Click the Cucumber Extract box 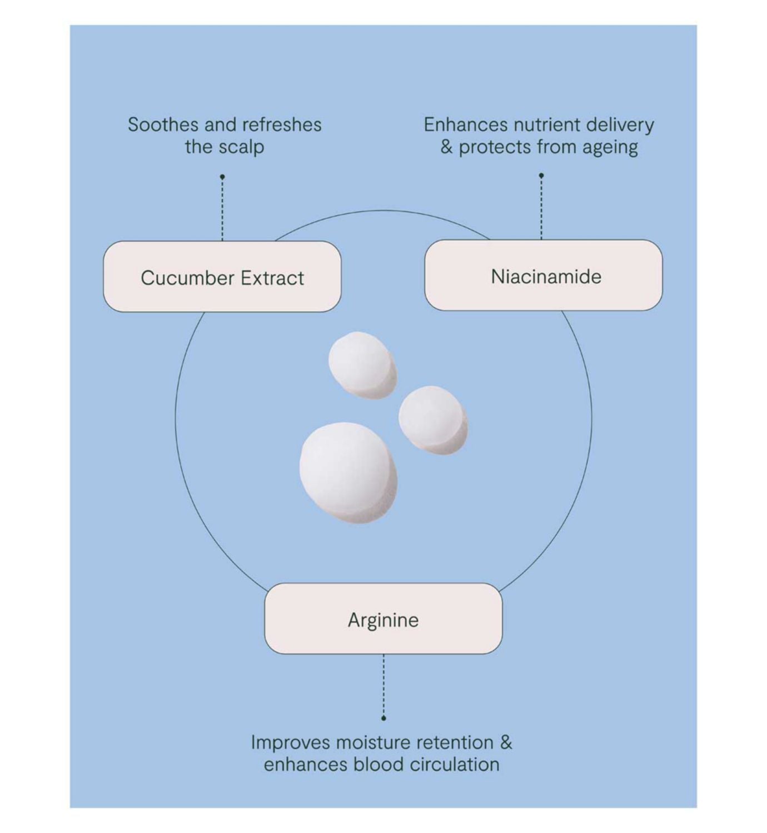(x=222, y=277)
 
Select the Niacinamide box (x=544, y=275)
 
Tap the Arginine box (x=384, y=619)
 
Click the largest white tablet (x=348, y=473)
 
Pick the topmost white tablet (x=362, y=365)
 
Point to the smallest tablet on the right (x=433, y=420)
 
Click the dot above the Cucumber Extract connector (x=222, y=177)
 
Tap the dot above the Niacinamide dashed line (x=541, y=175)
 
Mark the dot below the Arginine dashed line (x=384, y=718)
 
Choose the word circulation (x=455, y=765)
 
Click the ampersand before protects (x=446, y=147)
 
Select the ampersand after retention (x=506, y=742)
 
